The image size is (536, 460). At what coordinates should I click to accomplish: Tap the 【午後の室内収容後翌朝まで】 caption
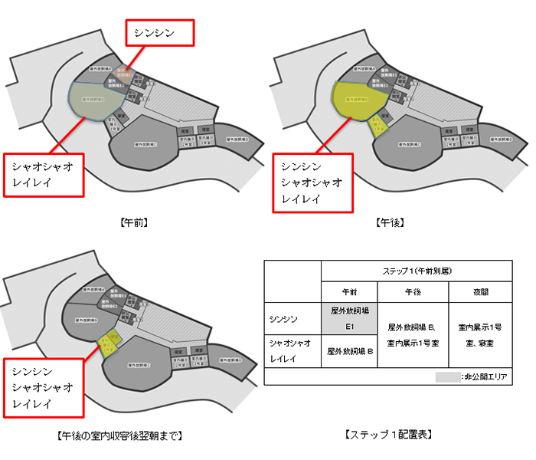click(x=120, y=435)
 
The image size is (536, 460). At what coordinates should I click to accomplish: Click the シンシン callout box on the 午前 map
click(x=160, y=33)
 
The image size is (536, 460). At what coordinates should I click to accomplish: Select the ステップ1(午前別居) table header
click(x=416, y=271)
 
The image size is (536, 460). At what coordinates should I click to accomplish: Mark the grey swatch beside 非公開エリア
click(x=446, y=377)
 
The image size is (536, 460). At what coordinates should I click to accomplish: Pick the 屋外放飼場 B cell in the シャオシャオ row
click(x=349, y=352)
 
